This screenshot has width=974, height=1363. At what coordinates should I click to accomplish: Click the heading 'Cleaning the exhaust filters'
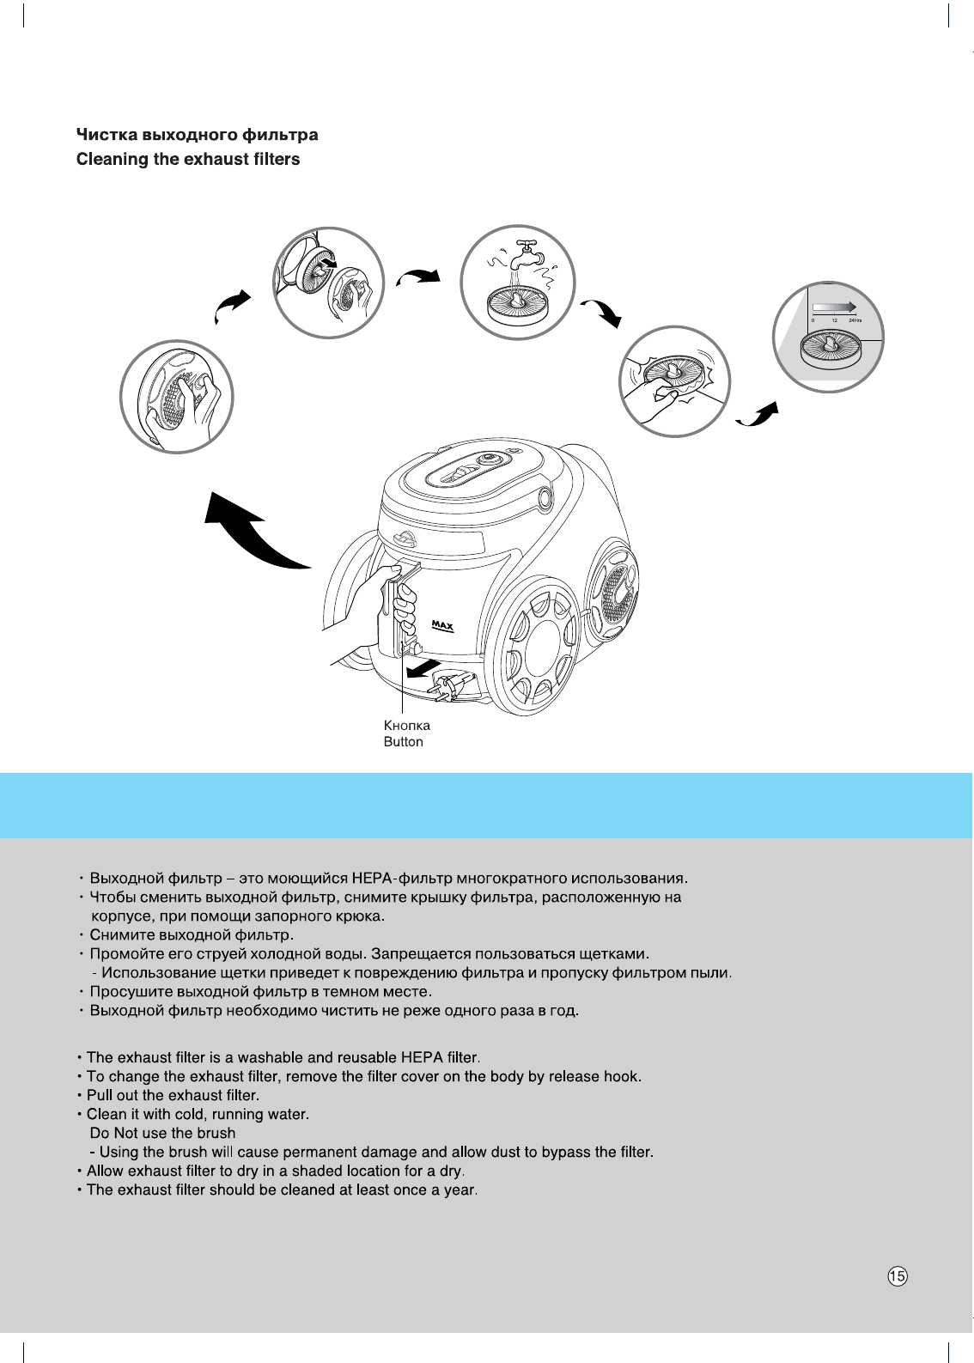tap(188, 160)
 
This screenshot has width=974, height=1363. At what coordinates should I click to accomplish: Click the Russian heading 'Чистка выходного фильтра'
tap(197, 135)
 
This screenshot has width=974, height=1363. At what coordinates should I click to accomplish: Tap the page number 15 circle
tap(897, 1276)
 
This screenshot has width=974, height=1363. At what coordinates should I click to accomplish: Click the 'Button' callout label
tap(403, 742)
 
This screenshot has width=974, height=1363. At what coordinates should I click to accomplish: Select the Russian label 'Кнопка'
tap(406, 726)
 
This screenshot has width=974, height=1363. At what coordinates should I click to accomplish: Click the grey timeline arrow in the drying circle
tap(833, 305)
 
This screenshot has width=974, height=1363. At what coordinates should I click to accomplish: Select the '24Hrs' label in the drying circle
tap(854, 319)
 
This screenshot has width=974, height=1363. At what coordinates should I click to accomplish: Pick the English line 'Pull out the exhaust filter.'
tap(173, 1095)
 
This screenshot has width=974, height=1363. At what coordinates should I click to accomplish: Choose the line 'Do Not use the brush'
tap(162, 1133)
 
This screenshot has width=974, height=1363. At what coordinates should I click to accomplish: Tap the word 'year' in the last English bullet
tap(460, 1190)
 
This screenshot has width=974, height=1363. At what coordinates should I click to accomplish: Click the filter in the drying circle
tap(830, 349)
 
